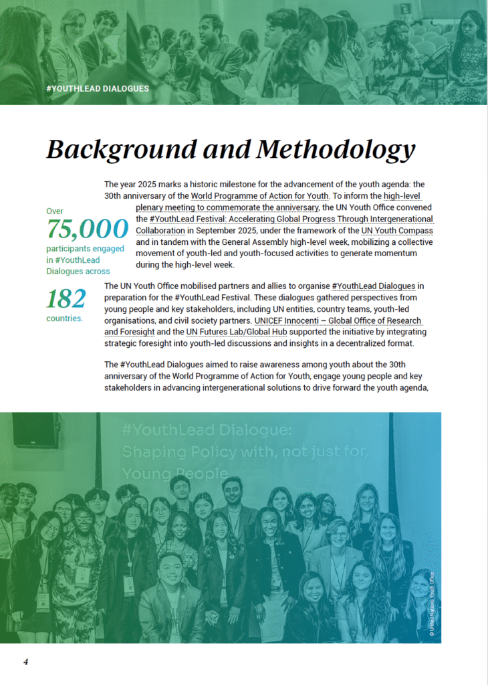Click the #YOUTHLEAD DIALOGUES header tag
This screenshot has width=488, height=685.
click(98, 88)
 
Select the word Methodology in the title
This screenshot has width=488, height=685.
click(336, 149)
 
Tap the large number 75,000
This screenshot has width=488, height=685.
click(87, 229)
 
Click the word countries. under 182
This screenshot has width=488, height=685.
click(65, 318)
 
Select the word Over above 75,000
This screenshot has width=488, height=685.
click(55, 211)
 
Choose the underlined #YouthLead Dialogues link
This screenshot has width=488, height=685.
click(373, 286)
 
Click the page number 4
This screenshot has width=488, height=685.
click(25, 662)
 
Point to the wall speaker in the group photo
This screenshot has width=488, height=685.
click(35, 431)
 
